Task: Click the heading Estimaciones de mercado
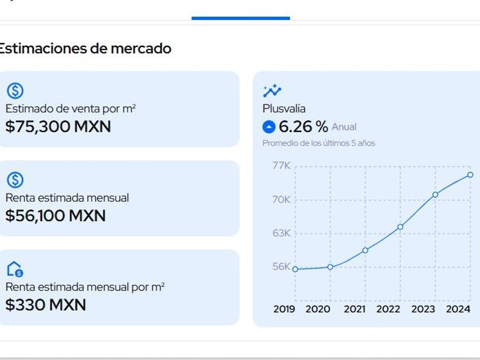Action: (x=85, y=49)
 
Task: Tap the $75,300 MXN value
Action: (x=58, y=126)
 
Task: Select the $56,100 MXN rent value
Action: (x=55, y=215)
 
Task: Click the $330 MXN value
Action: (x=46, y=305)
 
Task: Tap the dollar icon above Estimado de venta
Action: (x=15, y=90)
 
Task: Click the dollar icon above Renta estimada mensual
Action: (x=15, y=180)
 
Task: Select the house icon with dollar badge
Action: (x=15, y=269)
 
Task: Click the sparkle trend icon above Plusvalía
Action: (x=272, y=90)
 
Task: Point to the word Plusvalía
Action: (x=284, y=109)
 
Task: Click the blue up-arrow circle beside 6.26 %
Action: (x=269, y=127)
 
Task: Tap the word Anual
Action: (x=344, y=127)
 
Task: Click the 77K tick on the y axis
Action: (x=281, y=166)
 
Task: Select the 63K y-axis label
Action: (x=281, y=233)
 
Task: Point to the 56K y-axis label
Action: (x=281, y=266)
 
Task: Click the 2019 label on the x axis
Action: (x=285, y=309)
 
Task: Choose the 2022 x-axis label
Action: (x=389, y=309)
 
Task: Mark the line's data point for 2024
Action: (x=470, y=175)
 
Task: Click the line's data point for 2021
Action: (x=365, y=250)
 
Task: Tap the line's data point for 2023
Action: (x=435, y=195)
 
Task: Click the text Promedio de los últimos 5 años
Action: (x=319, y=143)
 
